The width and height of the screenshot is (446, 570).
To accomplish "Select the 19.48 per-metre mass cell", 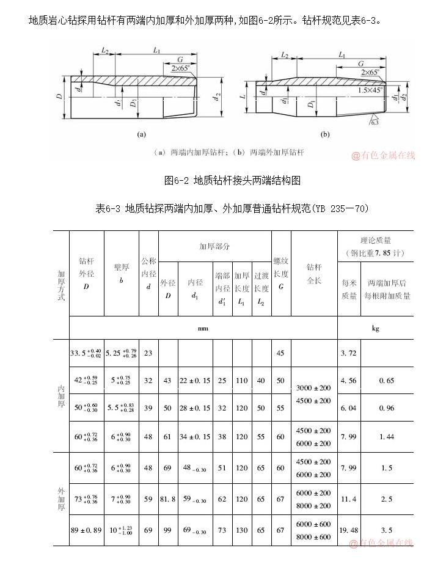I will point(348,530).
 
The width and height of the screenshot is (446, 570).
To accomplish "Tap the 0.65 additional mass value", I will point(386,381).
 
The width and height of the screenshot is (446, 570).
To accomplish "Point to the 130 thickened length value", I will point(242,530).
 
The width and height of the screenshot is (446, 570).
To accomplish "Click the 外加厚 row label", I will point(61,499).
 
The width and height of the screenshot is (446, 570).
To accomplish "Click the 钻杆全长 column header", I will point(314,273).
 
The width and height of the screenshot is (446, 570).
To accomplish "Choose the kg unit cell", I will point(375,328).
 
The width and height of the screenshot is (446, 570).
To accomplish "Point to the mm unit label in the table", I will point(203,328).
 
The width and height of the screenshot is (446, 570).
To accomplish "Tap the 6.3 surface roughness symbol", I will point(375,122).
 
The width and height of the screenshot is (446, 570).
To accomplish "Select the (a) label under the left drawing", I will point(141,134).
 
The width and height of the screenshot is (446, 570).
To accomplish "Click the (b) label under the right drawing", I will point(324,134).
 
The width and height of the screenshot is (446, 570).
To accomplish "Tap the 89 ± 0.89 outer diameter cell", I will point(86,530).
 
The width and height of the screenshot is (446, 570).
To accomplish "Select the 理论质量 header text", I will point(375,240).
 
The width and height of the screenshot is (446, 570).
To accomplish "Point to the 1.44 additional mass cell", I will point(386,437).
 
